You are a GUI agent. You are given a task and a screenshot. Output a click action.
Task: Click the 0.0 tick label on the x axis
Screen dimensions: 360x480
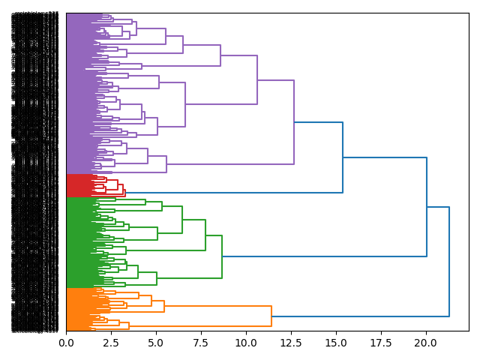click(x=66, y=343)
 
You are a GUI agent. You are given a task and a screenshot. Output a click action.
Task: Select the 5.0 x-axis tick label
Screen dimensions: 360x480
click(x=156, y=343)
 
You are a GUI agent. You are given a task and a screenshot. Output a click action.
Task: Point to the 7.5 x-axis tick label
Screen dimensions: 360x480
click(x=201, y=343)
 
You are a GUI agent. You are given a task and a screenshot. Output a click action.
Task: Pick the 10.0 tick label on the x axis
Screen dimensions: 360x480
click(x=246, y=343)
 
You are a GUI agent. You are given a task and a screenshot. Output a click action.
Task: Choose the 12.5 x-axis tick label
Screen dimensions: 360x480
click(x=291, y=343)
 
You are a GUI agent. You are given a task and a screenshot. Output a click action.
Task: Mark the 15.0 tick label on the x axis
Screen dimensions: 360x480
click(x=336, y=343)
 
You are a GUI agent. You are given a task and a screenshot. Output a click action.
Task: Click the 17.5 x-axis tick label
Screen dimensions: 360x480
click(x=381, y=343)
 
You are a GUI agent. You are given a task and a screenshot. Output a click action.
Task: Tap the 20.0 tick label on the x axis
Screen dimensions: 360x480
click(x=426, y=343)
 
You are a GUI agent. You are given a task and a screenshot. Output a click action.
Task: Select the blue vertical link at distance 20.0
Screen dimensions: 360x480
click(x=427, y=207)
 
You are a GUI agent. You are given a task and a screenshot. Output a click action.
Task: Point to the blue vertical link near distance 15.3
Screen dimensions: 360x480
click(x=343, y=157)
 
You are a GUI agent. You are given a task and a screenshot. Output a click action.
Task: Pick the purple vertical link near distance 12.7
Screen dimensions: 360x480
click(x=294, y=121)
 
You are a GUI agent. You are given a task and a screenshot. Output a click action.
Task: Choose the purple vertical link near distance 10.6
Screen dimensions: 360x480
click(x=257, y=79)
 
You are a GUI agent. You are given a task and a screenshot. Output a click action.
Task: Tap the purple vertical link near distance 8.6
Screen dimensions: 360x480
click(x=220, y=55)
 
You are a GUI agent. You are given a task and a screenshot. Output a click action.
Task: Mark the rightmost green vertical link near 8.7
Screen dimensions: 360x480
click(x=222, y=256)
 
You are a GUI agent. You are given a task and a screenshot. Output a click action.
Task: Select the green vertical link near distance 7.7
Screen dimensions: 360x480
click(x=205, y=235)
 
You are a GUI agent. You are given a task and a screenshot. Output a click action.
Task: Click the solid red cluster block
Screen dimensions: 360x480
click(x=78, y=185)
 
